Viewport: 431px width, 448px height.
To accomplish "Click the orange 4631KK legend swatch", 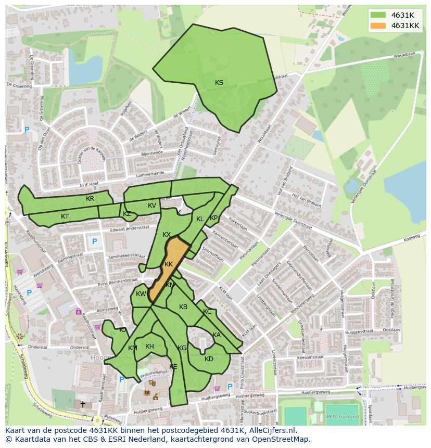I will pyautogui.click(x=378, y=25).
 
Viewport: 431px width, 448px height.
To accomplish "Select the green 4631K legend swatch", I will pyautogui.click(x=378, y=15).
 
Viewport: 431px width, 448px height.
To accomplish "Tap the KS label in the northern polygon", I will pyautogui.click(x=219, y=83).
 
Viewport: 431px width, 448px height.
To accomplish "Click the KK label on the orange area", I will pyautogui.click(x=168, y=264).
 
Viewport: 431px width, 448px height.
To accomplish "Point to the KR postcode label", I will pyautogui.click(x=90, y=199).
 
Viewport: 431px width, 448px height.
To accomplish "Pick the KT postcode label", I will pyautogui.click(x=65, y=216).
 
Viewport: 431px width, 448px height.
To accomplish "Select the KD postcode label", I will pyautogui.click(x=209, y=359).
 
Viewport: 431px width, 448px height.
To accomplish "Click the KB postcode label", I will pyautogui.click(x=183, y=307).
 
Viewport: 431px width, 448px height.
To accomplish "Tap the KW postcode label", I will pyautogui.click(x=141, y=294).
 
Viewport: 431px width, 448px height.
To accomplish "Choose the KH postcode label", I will pyautogui.click(x=149, y=347).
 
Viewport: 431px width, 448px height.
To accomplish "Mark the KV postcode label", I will pyautogui.click(x=152, y=206).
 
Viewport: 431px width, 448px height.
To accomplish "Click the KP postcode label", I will pyautogui.click(x=213, y=218).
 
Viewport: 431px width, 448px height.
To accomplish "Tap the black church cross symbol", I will pyautogui.click(x=82, y=403).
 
